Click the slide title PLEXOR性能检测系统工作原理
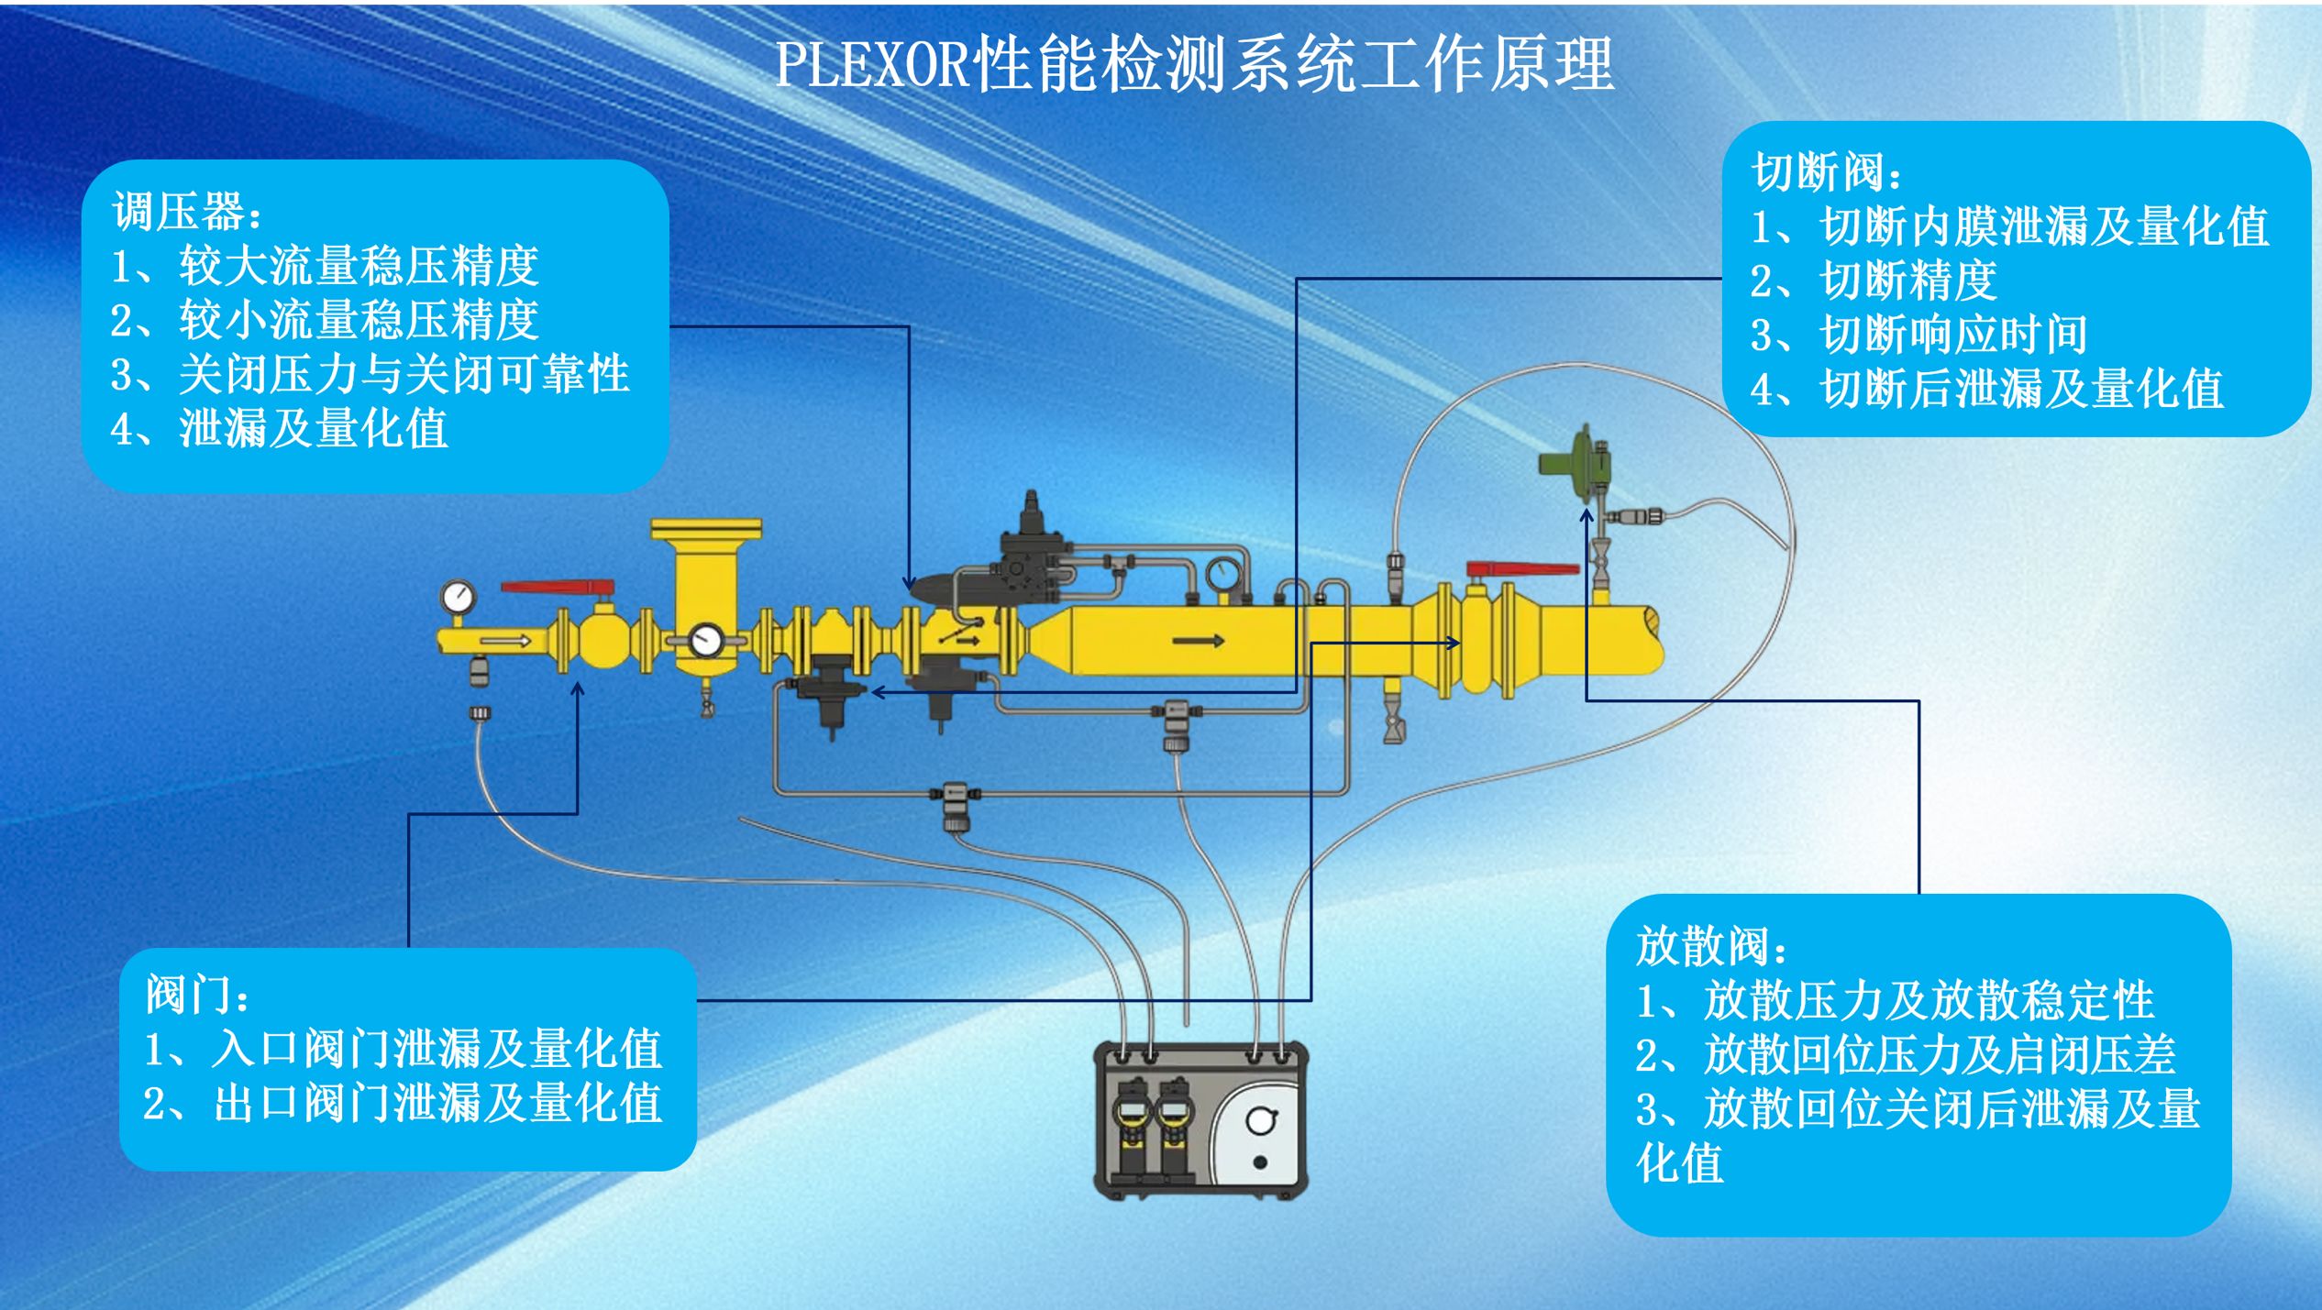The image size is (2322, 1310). click(x=1194, y=64)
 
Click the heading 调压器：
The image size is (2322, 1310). click(x=187, y=213)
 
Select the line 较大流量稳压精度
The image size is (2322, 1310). click(x=358, y=267)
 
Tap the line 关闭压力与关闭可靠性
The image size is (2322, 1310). click(x=404, y=374)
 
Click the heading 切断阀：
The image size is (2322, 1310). click(x=1826, y=172)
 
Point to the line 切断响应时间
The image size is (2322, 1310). click(x=1953, y=335)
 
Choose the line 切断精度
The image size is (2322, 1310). click(x=1907, y=281)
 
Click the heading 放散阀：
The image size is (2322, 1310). click(x=1710, y=947)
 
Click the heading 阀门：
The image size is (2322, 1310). click(x=197, y=996)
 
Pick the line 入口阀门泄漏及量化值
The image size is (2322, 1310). click(x=436, y=1050)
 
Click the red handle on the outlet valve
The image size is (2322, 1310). click(x=1522, y=569)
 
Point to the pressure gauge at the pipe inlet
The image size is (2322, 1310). click(x=458, y=597)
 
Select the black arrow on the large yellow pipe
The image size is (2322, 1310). click(x=1198, y=640)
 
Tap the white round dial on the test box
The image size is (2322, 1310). click(x=1261, y=1120)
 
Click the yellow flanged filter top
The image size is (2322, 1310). click(x=705, y=531)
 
